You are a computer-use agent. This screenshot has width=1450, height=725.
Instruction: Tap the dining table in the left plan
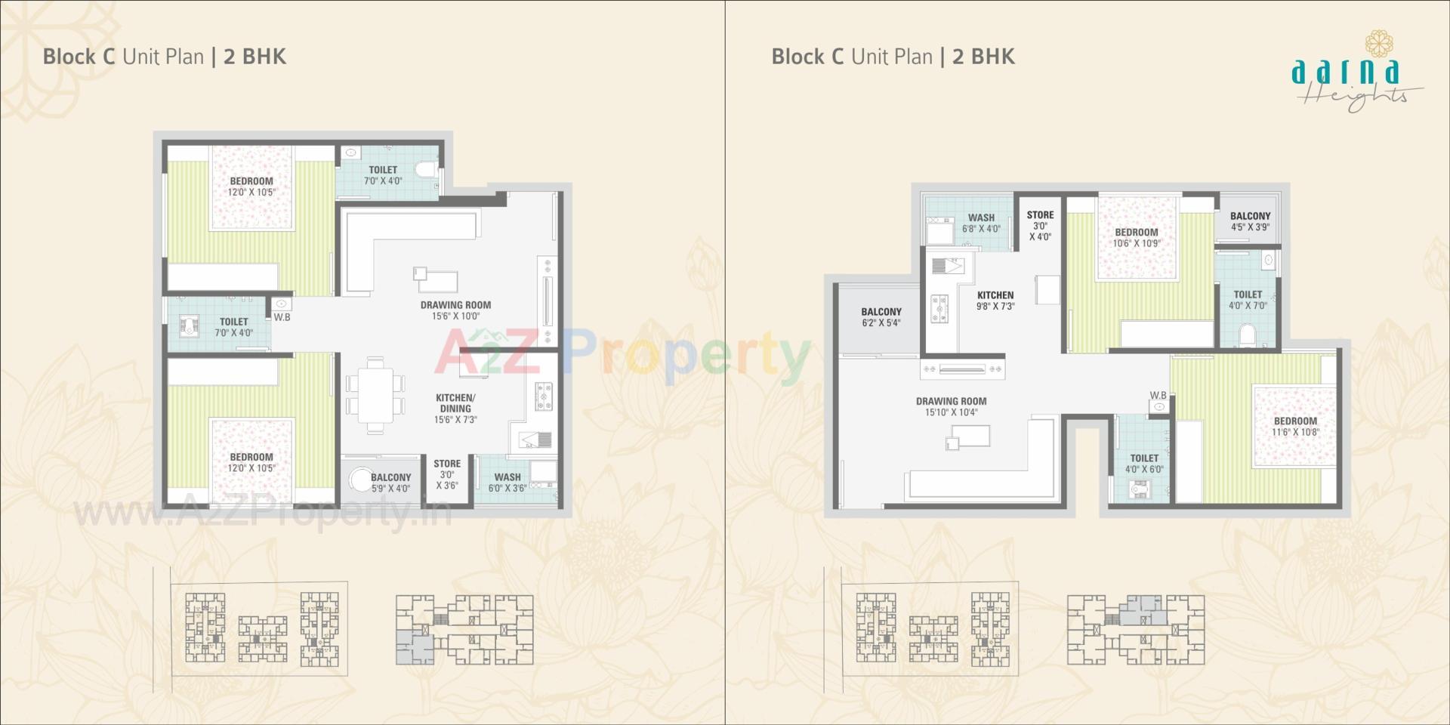tap(375, 393)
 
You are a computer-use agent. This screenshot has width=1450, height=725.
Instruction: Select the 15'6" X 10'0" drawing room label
tap(456, 310)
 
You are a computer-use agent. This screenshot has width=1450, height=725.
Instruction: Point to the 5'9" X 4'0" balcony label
tap(390, 483)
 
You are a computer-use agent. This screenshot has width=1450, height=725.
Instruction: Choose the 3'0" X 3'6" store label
tap(447, 474)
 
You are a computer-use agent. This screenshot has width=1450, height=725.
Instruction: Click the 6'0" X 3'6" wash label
tap(507, 483)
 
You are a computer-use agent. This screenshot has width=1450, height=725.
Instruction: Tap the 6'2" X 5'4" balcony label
tap(881, 316)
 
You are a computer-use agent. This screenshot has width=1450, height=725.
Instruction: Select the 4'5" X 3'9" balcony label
tap(1250, 221)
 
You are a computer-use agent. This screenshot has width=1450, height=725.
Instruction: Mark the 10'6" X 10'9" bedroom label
tap(1136, 237)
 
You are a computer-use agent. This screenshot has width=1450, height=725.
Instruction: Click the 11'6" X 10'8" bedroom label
tap(1295, 427)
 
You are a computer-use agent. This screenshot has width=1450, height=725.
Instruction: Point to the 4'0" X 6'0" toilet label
tap(1144, 463)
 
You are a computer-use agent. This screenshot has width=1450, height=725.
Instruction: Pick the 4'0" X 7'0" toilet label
tap(1248, 300)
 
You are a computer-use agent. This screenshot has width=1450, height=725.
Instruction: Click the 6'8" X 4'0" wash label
tap(981, 223)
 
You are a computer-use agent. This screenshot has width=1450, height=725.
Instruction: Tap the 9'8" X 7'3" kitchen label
tap(995, 301)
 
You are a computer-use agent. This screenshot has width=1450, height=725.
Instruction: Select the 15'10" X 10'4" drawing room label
tap(951, 406)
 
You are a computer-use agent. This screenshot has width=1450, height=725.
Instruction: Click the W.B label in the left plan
tap(282, 317)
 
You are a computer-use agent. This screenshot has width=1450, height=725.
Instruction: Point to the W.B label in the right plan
tap(1158, 395)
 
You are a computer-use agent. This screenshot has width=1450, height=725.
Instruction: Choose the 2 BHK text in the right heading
tap(983, 57)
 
